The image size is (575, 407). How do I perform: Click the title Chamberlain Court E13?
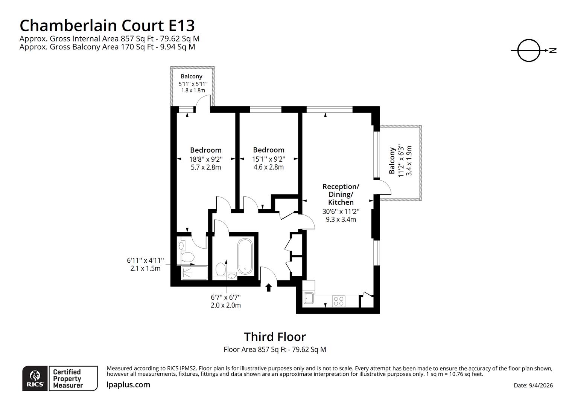pos(107,26)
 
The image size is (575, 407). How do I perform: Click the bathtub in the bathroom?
pos(245,256)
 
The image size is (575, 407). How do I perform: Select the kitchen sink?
pos(309,298)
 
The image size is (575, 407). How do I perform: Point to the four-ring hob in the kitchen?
pos(338,301)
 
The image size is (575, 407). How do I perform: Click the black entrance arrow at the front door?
pos(268,288)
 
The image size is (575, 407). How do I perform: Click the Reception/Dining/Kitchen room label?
pos(341,194)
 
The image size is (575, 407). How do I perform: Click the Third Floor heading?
pos(275,337)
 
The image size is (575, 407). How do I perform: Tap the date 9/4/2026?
pos(533,385)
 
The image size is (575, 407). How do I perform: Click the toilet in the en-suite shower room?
pos(187,257)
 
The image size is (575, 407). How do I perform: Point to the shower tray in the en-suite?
pos(194,273)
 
